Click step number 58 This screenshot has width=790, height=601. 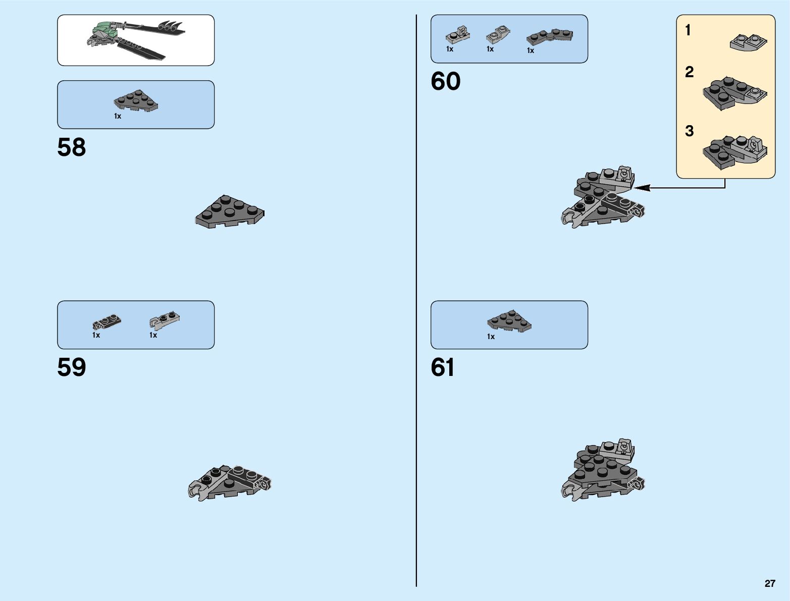click(x=72, y=147)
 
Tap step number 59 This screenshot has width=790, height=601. click(x=72, y=367)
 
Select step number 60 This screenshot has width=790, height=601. click(x=445, y=81)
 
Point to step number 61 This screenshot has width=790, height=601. click(x=443, y=367)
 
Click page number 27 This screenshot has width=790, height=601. click(x=769, y=583)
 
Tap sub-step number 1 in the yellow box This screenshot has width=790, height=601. click(x=688, y=30)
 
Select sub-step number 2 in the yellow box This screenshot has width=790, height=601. click(x=689, y=72)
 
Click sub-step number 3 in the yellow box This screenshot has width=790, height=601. click(x=689, y=131)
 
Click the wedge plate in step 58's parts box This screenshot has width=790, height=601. click(x=136, y=101)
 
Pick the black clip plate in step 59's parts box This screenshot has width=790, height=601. click(x=107, y=322)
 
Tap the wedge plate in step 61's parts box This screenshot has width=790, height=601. click(x=509, y=321)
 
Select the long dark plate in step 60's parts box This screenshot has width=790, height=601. click(x=549, y=36)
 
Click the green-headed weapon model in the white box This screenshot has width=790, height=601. click(x=135, y=39)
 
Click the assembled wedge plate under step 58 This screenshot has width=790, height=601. click(x=230, y=211)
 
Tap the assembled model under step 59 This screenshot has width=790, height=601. click(x=230, y=482)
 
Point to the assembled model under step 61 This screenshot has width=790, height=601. click(x=603, y=470)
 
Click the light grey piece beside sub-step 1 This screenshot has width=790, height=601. click(x=748, y=42)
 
